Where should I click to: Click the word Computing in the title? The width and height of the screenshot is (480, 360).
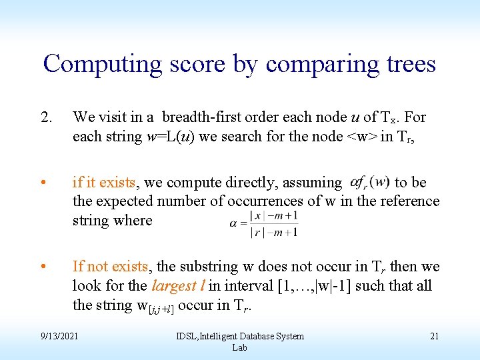pos(102,64)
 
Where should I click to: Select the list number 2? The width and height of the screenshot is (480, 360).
pos(46,117)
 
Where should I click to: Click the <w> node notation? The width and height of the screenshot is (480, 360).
pos(360,137)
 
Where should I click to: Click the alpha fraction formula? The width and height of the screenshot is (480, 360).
pos(263,223)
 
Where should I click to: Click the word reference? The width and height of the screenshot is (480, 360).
pos(410,201)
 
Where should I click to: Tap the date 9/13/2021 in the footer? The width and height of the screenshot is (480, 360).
pos(59,336)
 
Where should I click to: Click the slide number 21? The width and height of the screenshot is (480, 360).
pos(434,336)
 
